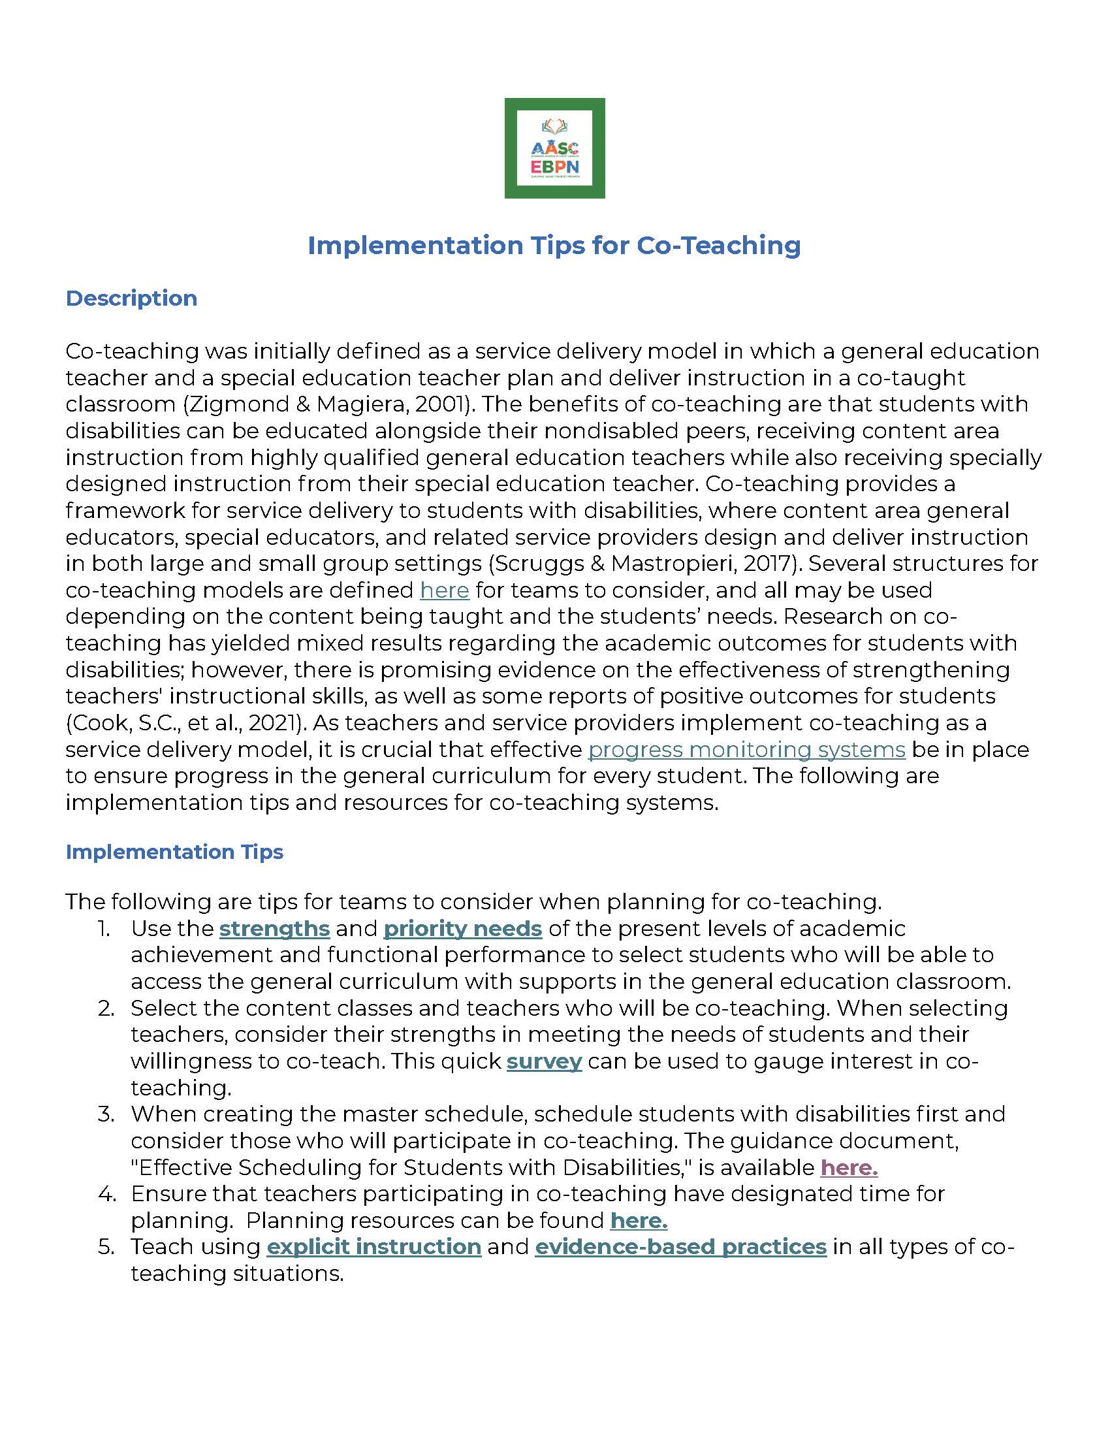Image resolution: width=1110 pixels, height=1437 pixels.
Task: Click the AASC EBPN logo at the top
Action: [554, 148]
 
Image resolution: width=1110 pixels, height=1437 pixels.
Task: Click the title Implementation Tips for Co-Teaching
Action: [554, 246]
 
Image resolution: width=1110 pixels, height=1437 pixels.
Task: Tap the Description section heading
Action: [131, 298]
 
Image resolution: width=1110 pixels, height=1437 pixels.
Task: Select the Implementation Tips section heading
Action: [174, 851]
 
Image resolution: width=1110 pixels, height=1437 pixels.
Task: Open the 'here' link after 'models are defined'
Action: [445, 590]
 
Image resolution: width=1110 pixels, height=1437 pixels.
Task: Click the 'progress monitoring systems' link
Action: [746, 749]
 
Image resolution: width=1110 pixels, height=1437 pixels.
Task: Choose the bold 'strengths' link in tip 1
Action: [274, 928]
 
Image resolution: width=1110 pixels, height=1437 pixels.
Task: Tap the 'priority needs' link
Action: [462, 928]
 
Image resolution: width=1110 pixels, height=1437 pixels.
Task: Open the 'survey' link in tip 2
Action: [544, 1061]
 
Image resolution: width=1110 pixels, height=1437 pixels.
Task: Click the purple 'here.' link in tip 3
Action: [849, 1167]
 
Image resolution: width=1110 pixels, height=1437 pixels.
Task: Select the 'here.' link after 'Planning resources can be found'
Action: [639, 1221]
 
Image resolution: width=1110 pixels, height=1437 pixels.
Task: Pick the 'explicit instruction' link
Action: [374, 1247]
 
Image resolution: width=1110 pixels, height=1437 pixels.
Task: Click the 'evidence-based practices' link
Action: [680, 1247]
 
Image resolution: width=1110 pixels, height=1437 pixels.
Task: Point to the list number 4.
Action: [106, 1193]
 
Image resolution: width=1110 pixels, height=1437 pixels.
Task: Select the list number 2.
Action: [106, 1008]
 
